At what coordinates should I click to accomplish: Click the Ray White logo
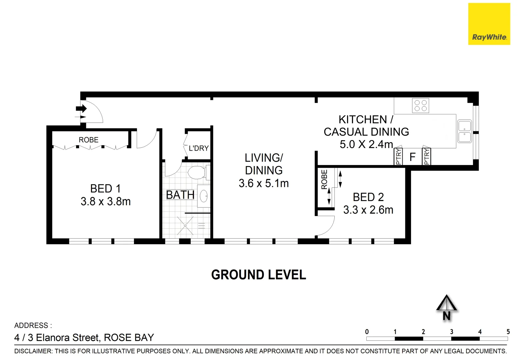(x=489, y=24)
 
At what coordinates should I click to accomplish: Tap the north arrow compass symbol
(x=446, y=307)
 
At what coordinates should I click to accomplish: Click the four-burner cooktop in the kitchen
(x=420, y=106)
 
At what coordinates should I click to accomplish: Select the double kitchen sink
(x=464, y=131)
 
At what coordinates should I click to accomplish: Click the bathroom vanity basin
(x=204, y=196)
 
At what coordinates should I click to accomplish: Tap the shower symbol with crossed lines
(x=185, y=226)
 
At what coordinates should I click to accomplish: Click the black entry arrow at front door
(x=81, y=109)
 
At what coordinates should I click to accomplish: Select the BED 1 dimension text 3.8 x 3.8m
(x=105, y=201)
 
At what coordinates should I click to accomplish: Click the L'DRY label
(x=199, y=148)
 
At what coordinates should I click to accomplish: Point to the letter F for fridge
(x=412, y=157)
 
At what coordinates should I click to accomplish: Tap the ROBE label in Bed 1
(x=88, y=140)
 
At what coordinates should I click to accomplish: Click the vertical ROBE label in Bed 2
(x=324, y=180)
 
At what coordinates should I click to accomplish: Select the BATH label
(x=180, y=195)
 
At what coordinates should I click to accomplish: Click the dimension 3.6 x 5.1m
(x=263, y=183)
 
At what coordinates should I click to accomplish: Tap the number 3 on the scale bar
(x=452, y=332)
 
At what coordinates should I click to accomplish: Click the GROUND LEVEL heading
(x=258, y=275)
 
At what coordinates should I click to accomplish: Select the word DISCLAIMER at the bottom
(x=33, y=351)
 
